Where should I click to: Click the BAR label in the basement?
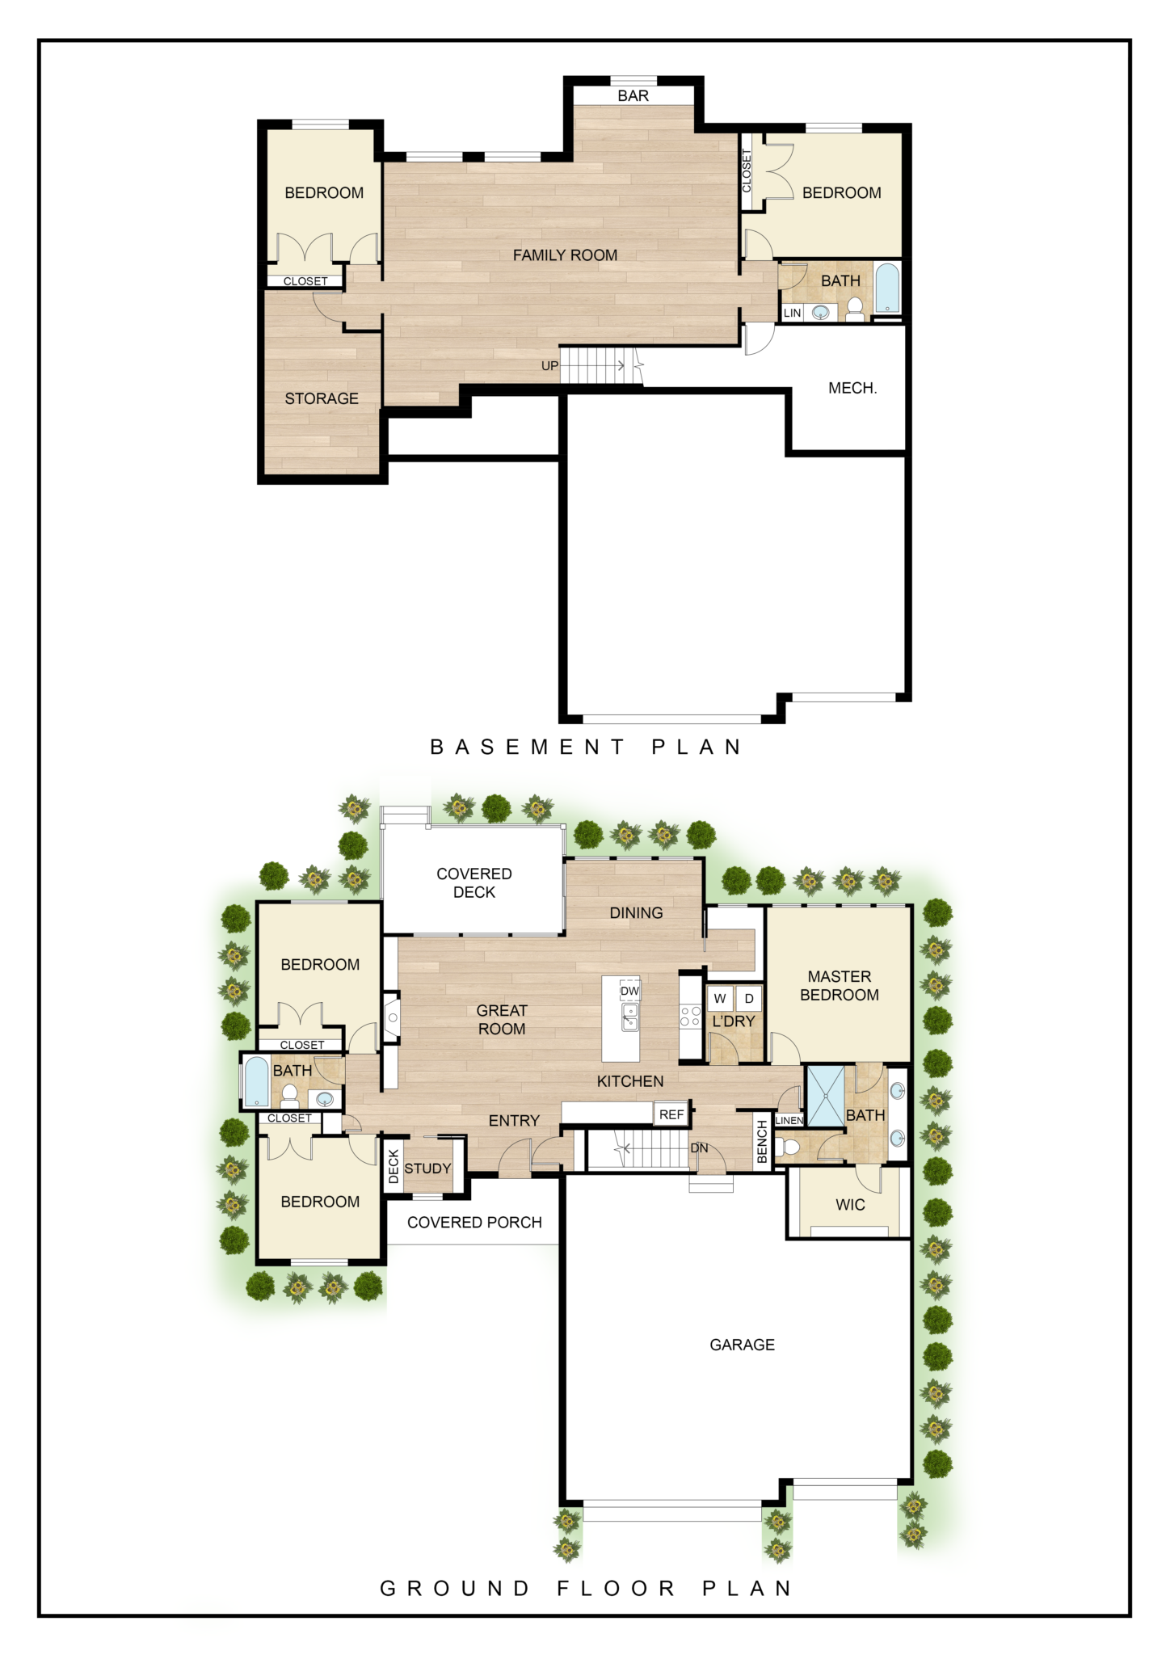633,96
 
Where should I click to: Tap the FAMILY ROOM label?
565,255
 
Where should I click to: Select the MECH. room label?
852,389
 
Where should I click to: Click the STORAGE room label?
322,399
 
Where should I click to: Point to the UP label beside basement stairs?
549,366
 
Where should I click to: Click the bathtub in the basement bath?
886,287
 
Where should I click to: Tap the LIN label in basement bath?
792,314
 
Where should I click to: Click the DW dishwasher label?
629,991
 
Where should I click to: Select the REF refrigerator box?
671,1114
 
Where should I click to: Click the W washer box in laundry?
719,999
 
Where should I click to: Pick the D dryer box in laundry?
749,999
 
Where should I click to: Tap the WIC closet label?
850,1205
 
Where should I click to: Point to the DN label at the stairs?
699,1148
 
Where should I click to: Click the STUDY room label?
427,1169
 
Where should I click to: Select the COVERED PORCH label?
474,1223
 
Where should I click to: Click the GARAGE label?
742,1345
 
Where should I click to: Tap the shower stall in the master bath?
826,1097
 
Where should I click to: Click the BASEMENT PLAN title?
585,747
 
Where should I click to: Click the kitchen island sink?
629,1017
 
